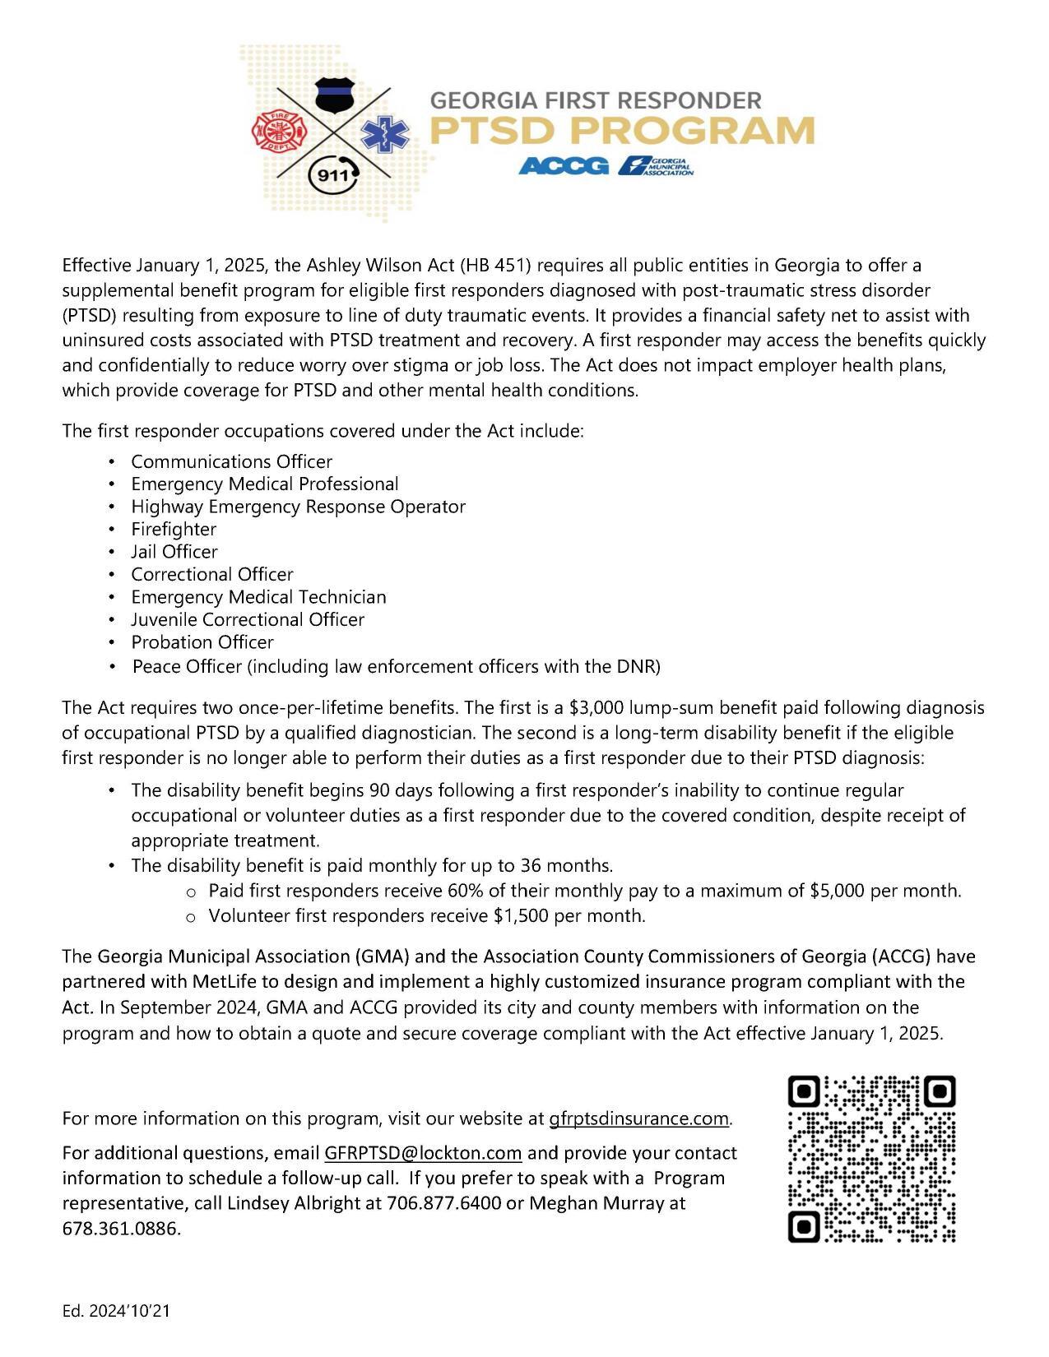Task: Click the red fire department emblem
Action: click(278, 129)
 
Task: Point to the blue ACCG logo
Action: click(564, 166)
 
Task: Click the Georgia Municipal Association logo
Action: click(657, 166)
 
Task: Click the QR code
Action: click(871, 1158)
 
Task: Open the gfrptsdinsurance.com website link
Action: click(639, 1118)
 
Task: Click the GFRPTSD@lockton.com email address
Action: click(423, 1153)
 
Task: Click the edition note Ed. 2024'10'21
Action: click(115, 1311)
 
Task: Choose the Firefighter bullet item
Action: click(174, 529)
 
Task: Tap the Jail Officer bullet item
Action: click(174, 552)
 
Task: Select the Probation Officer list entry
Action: click(202, 642)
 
